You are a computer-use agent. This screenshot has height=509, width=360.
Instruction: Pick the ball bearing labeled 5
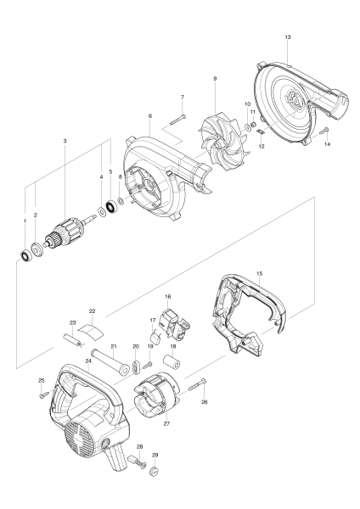[x=110, y=207]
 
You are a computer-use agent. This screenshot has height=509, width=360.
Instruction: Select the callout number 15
[x=259, y=274]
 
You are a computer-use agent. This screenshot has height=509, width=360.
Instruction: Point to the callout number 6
[x=149, y=116]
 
